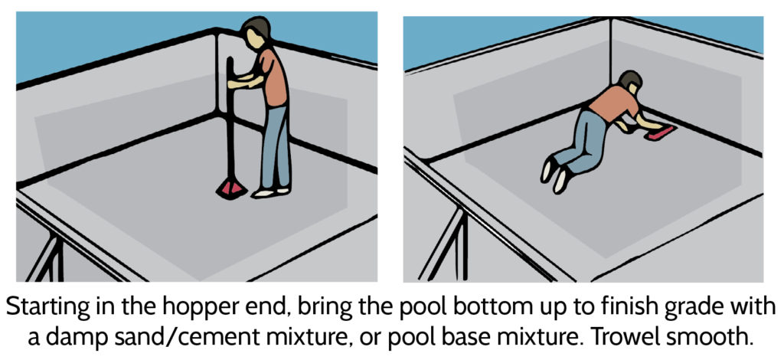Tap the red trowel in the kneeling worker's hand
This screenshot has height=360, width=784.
tap(661, 134)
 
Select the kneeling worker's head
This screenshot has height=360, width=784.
tap(630, 83)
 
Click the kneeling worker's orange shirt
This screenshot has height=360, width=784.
tap(613, 103)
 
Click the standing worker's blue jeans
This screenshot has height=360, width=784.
tap(274, 146)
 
